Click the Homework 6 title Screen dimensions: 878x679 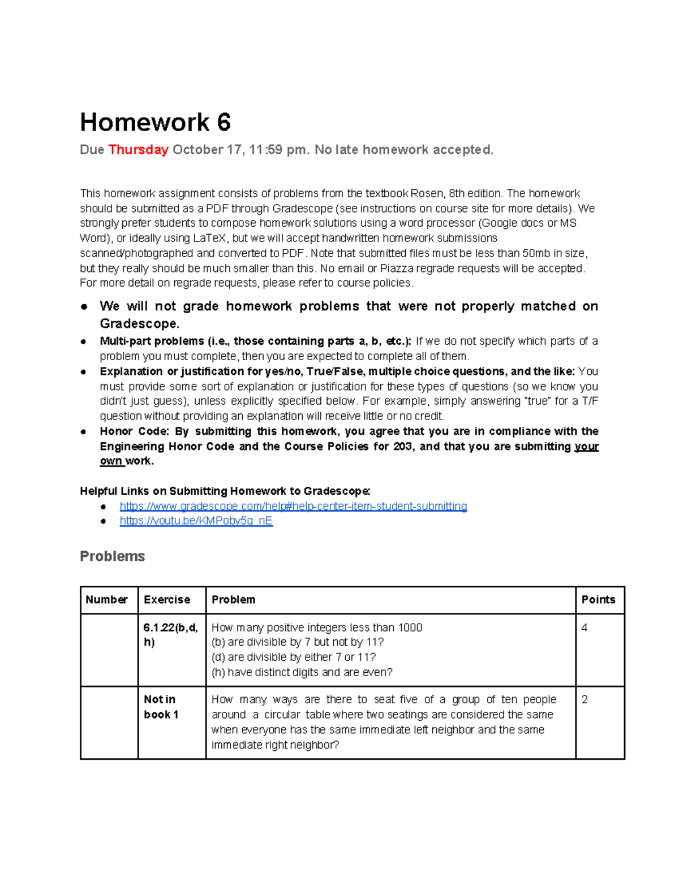[x=155, y=123]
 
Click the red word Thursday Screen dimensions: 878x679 [x=138, y=150]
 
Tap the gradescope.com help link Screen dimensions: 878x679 [x=293, y=506]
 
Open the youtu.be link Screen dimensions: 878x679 [x=196, y=521]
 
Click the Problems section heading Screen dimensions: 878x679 [x=112, y=556]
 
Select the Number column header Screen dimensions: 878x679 [x=106, y=600]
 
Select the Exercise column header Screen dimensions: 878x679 [x=167, y=600]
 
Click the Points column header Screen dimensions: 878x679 [x=598, y=600]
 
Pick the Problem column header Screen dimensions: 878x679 [x=233, y=600]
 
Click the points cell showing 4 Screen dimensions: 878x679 [x=585, y=628]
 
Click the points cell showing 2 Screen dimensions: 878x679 [x=585, y=700]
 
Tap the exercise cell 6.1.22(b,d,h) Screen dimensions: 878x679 [x=170, y=634]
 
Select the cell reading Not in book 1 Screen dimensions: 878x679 [x=161, y=707]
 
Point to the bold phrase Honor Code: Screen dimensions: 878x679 [x=134, y=431]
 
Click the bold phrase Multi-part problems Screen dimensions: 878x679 [x=152, y=341]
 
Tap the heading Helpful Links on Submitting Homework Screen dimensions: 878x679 [x=225, y=491]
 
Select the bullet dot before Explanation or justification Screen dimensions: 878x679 [x=84, y=372]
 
